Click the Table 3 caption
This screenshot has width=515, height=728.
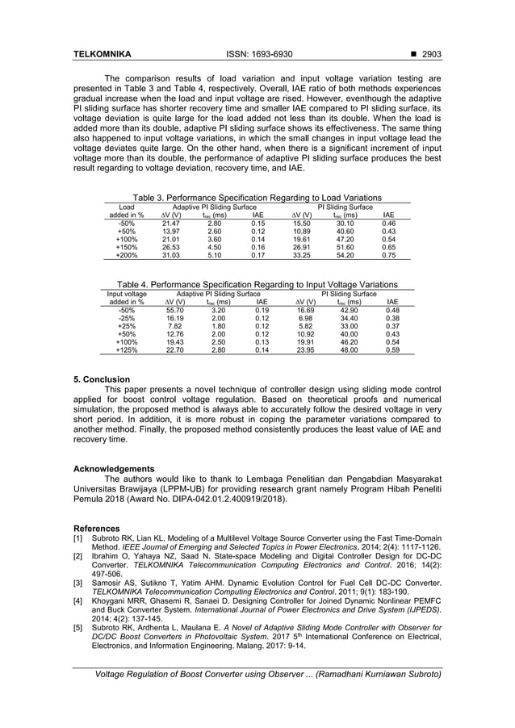tap(257, 198)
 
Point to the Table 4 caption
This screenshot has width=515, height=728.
tap(257, 284)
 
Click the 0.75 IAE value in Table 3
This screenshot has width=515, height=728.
tap(388, 255)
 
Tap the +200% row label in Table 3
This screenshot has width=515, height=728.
tap(127, 255)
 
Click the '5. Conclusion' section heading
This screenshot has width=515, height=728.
tap(102, 379)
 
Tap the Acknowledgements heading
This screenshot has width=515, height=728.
tap(114, 468)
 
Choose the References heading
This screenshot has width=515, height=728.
tap(96, 528)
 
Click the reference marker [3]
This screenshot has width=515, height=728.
tap(78, 581)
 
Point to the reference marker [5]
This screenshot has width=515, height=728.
tap(78, 625)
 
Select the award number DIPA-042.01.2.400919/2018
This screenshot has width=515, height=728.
tap(229, 499)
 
